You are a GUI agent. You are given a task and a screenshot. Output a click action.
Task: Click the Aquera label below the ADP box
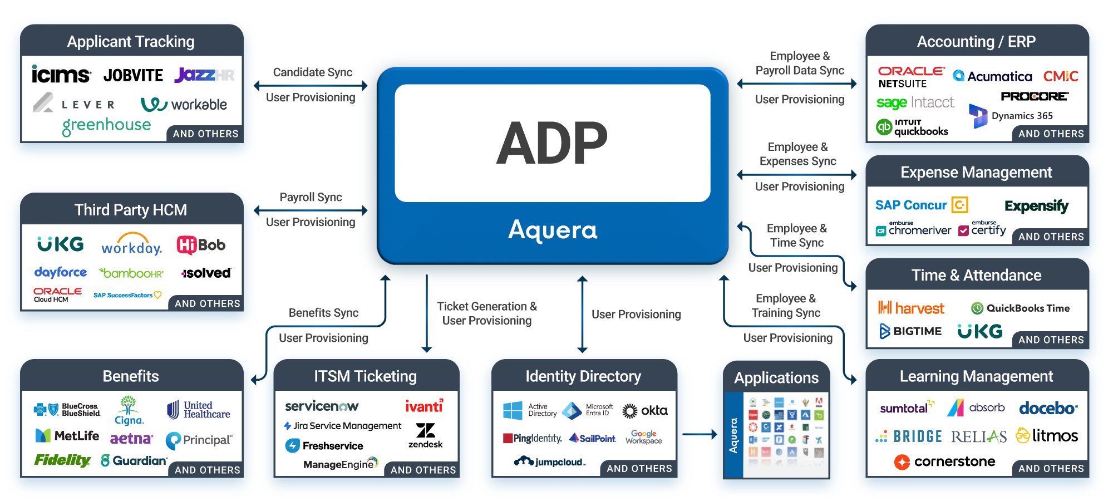553,230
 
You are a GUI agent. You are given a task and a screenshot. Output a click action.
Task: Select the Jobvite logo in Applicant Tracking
134,75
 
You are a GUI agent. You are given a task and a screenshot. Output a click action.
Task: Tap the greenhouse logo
106,126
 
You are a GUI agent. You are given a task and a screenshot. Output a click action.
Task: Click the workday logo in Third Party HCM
131,247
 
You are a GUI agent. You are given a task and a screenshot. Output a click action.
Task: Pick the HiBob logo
201,245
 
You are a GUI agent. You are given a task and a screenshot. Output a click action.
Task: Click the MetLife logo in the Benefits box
67,435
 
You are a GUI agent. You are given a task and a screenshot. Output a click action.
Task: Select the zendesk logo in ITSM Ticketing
426,435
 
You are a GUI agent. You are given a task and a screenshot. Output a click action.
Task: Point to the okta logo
645,411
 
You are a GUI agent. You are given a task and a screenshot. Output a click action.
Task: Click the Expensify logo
1036,206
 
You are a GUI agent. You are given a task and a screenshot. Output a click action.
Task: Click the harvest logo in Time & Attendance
911,308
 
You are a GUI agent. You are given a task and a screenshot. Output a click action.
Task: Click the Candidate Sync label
312,72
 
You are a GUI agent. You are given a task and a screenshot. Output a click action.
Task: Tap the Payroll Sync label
311,197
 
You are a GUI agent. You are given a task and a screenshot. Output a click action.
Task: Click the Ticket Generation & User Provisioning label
487,313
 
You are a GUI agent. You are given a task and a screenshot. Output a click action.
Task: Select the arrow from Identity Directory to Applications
700,434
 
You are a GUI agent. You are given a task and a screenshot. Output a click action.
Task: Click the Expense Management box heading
976,173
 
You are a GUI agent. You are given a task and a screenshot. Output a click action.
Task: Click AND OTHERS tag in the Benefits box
207,470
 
